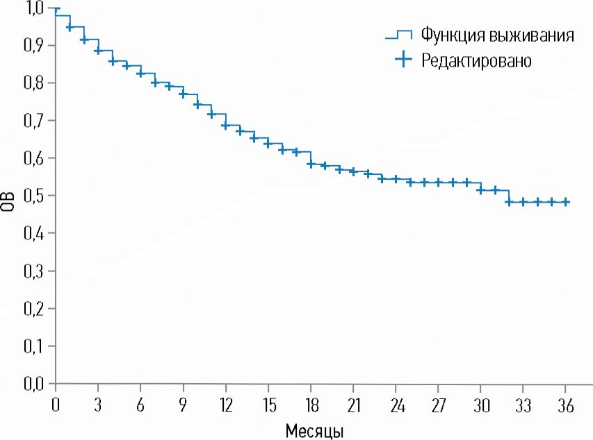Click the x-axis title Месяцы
point(314,430)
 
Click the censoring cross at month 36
point(566,202)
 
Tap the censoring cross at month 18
point(311,164)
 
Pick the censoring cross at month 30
point(480,189)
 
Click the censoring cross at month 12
point(225,126)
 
